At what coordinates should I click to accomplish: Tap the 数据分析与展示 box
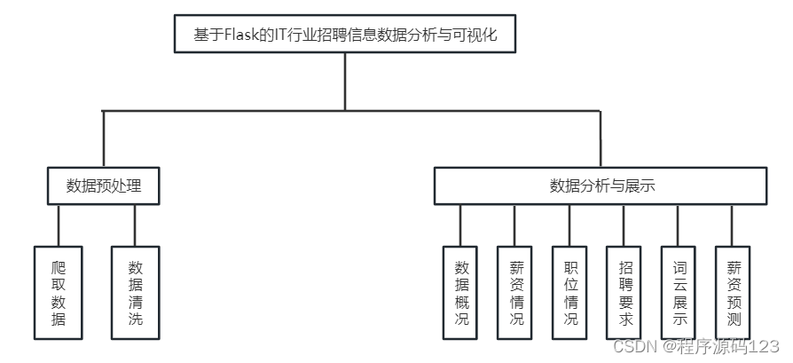[x=601, y=186]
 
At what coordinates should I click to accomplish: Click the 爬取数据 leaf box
[x=59, y=292]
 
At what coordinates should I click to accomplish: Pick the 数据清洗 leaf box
[x=135, y=292]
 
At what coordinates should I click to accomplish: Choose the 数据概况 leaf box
[x=460, y=292]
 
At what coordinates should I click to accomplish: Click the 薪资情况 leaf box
[x=515, y=292]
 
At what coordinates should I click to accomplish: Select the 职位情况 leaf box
[x=569, y=292]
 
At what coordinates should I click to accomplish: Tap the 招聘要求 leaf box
[x=624, y=292]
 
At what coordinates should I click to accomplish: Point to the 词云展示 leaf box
[x=679, y=292]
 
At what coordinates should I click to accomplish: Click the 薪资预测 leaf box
[x=734, y=292]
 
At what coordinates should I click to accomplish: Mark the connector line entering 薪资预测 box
[x=734, y=225]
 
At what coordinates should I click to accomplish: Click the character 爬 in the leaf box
[x=59, y=265]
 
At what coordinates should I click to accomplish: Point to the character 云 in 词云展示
[x=679, y=284]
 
